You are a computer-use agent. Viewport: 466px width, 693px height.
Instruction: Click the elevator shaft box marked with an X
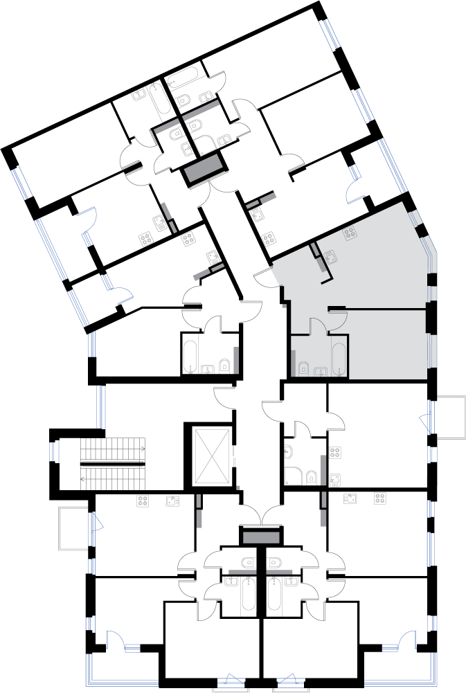[212, 456]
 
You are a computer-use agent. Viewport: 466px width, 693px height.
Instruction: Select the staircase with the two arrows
[113, 464]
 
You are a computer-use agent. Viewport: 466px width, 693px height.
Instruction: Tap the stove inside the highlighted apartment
[350, 233]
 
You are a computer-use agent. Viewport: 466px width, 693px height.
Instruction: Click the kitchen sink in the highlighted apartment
[330, 256]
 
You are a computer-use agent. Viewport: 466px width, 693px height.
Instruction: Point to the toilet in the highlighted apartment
[303, 368]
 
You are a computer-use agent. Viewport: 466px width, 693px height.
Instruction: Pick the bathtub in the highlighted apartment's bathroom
[339, 358]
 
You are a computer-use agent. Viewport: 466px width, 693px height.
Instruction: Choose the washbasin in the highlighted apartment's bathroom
[321, 372]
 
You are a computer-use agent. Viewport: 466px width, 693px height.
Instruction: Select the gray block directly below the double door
[261, 538]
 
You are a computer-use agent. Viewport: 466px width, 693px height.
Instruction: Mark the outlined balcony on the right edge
[448, 417]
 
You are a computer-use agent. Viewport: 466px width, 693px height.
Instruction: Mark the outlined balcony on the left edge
[73, 528]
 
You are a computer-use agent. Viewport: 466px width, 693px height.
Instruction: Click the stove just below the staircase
[143, 501]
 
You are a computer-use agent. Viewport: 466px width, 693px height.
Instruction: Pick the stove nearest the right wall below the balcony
[380, 498]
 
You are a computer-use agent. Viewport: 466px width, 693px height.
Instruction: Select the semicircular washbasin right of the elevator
[289, 453]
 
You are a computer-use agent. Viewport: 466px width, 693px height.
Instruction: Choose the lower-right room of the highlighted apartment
[388, 344]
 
